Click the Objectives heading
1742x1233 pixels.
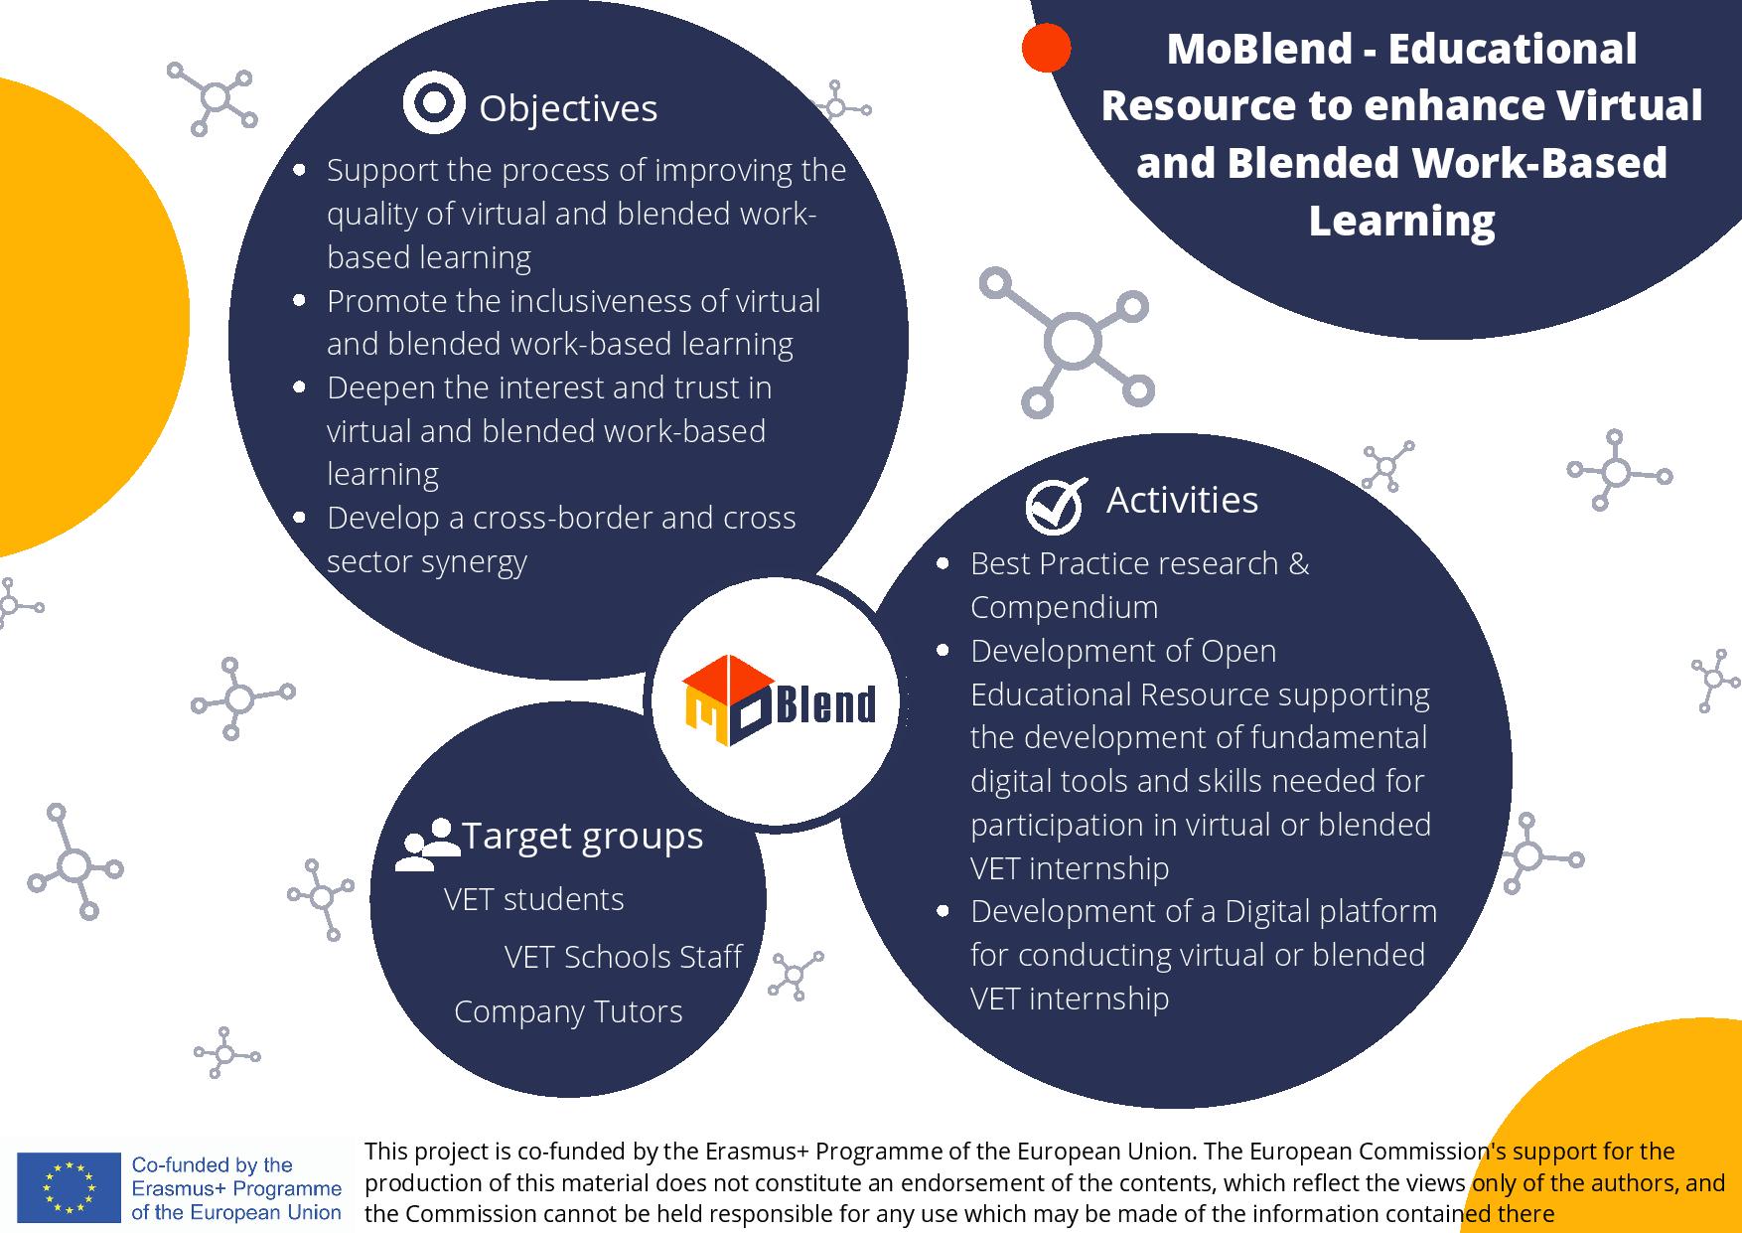point(568,108)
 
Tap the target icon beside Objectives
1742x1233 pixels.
point(434,102)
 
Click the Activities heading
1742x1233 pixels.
point(1182,500)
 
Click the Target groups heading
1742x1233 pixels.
point(583,836)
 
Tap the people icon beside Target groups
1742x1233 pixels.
point(428,845)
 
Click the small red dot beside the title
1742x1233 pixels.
point(1046,48)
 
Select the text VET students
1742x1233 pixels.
point(534,899)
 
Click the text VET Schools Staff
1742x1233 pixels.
point(623,956)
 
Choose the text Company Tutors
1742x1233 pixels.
point(568,1011)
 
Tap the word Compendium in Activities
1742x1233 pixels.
point(1065,607)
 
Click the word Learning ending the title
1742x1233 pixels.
point(1401,222)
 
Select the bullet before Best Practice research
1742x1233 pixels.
point(944,564)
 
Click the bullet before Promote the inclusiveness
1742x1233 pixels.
point(300,300)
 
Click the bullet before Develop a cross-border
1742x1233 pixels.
point(300,518)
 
